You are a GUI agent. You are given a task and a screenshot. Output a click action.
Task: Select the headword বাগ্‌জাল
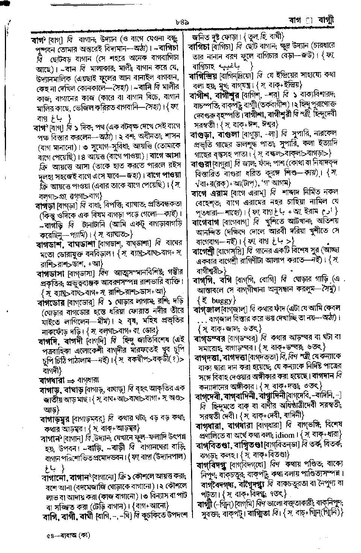point(206,309)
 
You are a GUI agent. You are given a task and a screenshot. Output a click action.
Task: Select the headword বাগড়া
point(45,206)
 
